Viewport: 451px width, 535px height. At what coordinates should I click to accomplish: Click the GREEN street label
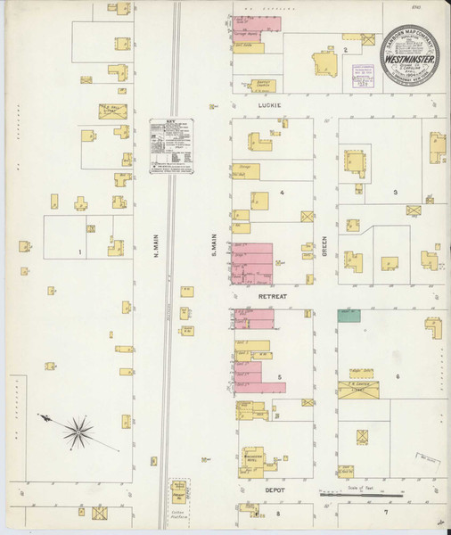click(324, 243)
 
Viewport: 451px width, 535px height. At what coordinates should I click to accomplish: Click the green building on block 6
click(348, 314)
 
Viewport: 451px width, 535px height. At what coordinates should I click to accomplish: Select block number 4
click(282, 192)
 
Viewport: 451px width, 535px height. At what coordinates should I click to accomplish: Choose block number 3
click(394, 192)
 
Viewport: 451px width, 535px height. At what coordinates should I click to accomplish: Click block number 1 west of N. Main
click(80, 252)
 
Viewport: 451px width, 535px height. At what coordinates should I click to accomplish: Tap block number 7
click(385, 513)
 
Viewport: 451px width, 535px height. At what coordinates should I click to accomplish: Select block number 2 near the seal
click(345, 50)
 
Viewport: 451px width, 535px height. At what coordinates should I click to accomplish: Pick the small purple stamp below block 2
click(361, 74)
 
